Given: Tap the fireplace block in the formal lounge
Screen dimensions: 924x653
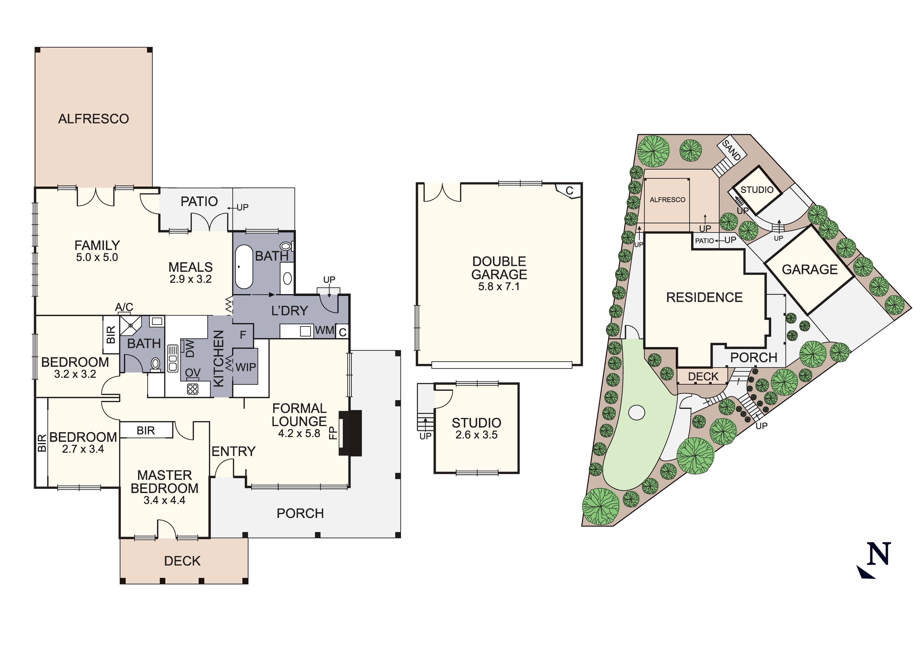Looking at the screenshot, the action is [x=350, y=433].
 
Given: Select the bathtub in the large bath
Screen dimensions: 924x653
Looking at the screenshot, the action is [x=244, y=266].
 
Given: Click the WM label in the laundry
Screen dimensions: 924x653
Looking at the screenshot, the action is [x=324, y=330].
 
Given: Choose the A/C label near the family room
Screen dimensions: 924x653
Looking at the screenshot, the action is [x=124, y=308].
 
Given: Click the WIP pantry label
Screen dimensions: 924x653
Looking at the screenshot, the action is [x=246, y=367].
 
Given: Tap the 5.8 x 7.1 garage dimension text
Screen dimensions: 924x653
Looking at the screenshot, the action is [x=499, y=287].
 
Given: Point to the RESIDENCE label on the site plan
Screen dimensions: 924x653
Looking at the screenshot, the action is [x=704, y=298].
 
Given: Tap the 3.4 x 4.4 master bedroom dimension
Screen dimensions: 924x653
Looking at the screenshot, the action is [x=165, y=500].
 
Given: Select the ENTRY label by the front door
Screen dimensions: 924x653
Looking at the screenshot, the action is [x=233, y=451].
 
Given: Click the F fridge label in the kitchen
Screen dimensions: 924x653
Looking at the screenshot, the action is [x=243, y=335].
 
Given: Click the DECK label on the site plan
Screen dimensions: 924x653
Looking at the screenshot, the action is [x=703, y=377].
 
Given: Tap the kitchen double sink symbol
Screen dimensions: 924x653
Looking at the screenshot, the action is [x=173, y=358].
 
